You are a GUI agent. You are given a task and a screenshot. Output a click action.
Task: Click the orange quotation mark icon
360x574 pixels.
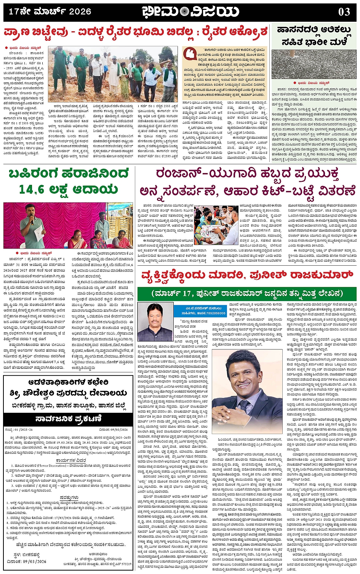point(189,54)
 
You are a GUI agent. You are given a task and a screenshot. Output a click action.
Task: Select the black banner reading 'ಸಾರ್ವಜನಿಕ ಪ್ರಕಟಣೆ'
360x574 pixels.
point(68,418)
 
